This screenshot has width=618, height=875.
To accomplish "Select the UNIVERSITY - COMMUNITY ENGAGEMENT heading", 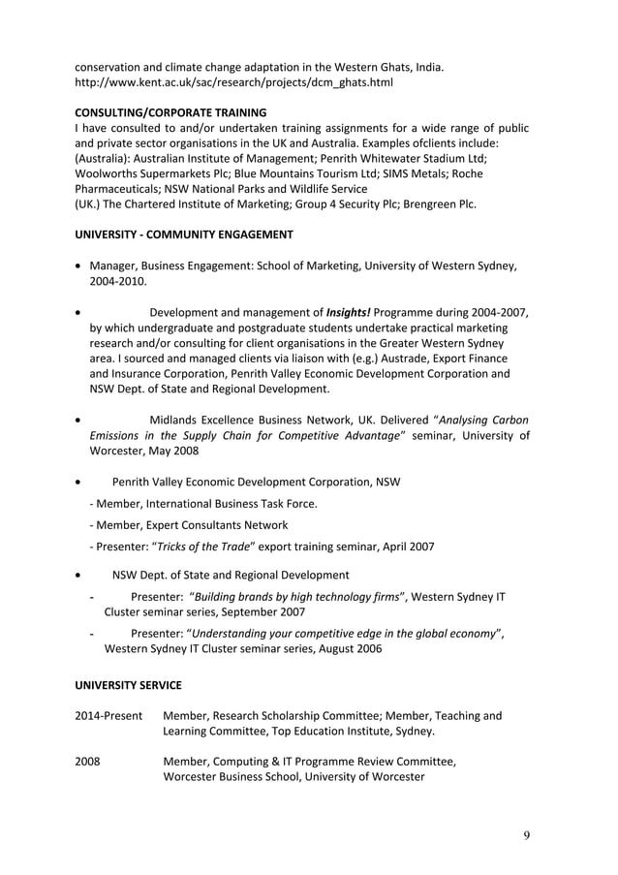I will (x=184, y=234).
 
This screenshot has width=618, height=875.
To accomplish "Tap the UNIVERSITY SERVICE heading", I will (x=128, y=685).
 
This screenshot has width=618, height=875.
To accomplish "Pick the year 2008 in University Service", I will (x=87, y=762).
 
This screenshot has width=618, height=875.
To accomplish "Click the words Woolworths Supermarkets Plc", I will (x=155, y=173).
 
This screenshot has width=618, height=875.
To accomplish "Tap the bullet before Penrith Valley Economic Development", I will (x=78, y=482).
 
